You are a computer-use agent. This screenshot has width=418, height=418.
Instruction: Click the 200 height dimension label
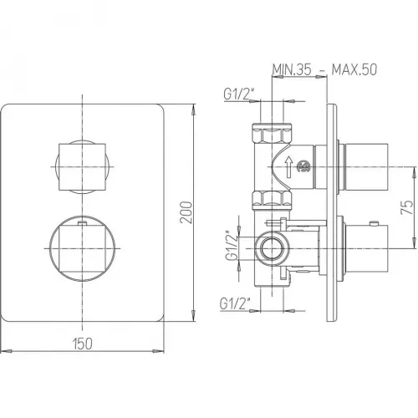pos(186,212)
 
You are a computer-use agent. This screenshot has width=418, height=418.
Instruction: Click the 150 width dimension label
pos(83,344)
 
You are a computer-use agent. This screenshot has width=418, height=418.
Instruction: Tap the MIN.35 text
pos(292,69)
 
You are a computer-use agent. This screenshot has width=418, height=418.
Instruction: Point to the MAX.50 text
pos(354,69)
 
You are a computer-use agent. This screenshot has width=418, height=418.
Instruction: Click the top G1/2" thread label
pos(239,94)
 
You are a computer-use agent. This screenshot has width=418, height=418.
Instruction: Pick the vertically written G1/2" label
pos(232,246)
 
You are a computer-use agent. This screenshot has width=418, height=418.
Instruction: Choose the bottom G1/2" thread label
pos(235,303)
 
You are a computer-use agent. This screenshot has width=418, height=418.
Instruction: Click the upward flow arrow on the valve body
pos(289,166)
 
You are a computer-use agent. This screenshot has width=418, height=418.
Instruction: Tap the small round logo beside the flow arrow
pos(303,166)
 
